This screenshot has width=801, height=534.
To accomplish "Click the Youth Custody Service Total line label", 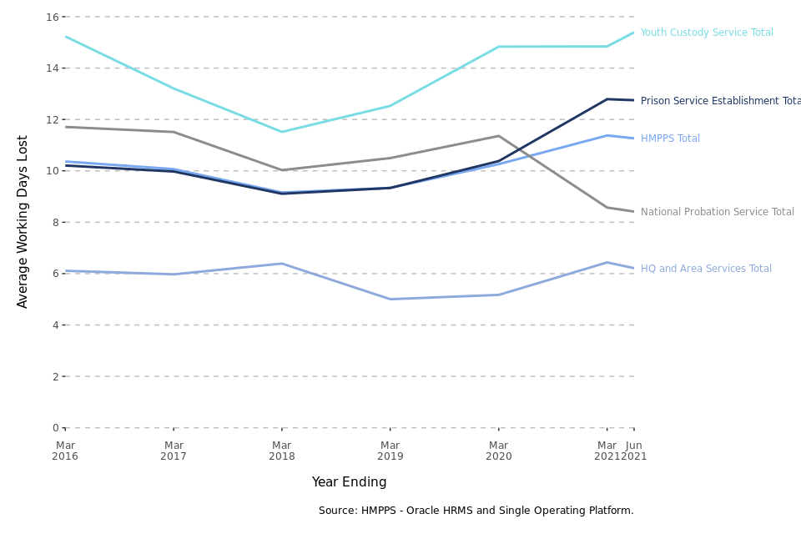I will point(707,33).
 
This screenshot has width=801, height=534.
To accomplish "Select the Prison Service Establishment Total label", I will point(720,101).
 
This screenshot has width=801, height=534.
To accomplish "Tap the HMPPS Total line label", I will point(670,139).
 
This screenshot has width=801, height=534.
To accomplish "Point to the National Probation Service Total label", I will point(717,212).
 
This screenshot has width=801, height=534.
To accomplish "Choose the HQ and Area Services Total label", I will point(706,269).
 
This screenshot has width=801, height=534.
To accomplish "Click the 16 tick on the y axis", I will point(52,17).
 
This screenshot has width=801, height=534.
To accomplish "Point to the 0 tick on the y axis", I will point(55,428).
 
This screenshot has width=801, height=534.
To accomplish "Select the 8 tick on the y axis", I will point(55,222).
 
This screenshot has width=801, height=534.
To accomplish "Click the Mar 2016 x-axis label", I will point(65,451).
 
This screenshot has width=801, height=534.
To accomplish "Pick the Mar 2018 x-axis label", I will point(282,451).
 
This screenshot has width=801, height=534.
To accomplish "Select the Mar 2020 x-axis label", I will point(499,451).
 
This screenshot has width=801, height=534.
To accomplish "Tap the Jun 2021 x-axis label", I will point(635,451).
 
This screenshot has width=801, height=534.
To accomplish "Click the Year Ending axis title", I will point(349,482).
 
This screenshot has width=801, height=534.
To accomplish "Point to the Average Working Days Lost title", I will point(23,221).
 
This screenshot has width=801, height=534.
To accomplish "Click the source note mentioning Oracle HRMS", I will point(476,511).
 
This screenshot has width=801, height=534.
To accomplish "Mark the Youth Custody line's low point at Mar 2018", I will point(282,132).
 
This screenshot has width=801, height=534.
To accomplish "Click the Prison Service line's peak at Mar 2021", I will point(607,99).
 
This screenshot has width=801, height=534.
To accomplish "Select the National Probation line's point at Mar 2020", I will point(499,136).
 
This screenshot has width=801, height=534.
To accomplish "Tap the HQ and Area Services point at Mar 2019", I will point(390,299).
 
